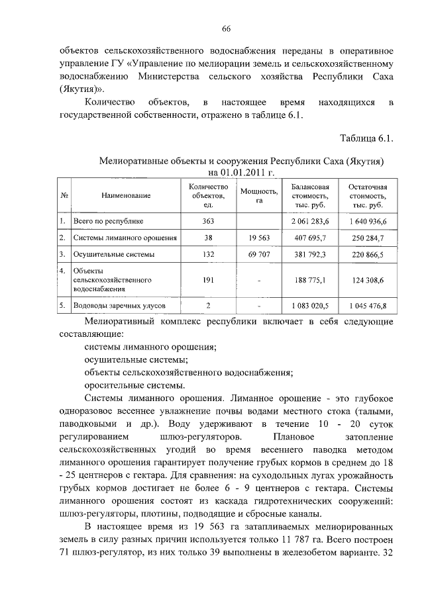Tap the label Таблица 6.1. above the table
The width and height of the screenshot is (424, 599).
[366, 138]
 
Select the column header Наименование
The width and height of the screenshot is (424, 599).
[126, 195]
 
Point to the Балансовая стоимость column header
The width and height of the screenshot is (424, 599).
[310, 195]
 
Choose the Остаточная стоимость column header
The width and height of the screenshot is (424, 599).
[367, 195]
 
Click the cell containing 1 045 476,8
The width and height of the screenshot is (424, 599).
[368, 306]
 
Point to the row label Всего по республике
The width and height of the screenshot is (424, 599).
[109, 220]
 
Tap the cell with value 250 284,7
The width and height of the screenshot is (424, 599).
[368, 237]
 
